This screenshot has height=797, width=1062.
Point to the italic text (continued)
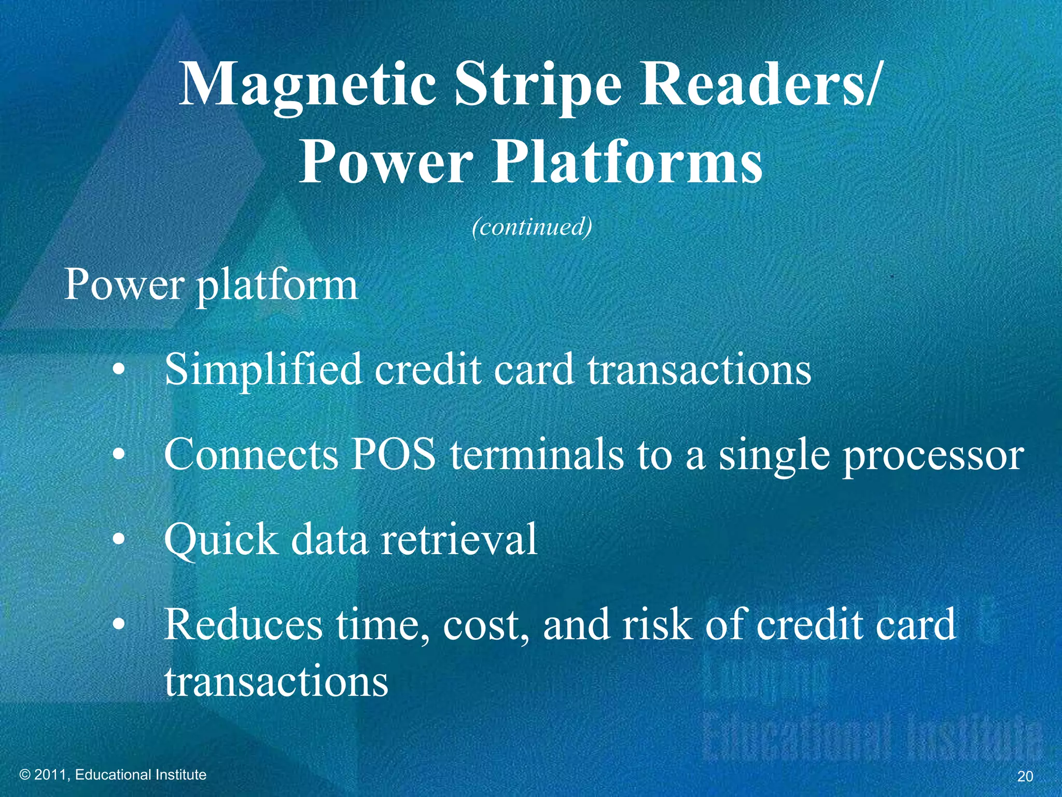[532, 227]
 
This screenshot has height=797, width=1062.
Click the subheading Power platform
[211, 285]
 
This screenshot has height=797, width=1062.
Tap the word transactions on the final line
[276, 681]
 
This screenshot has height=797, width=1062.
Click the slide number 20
[1025, 776]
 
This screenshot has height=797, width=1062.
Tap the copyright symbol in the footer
[24, 775]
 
